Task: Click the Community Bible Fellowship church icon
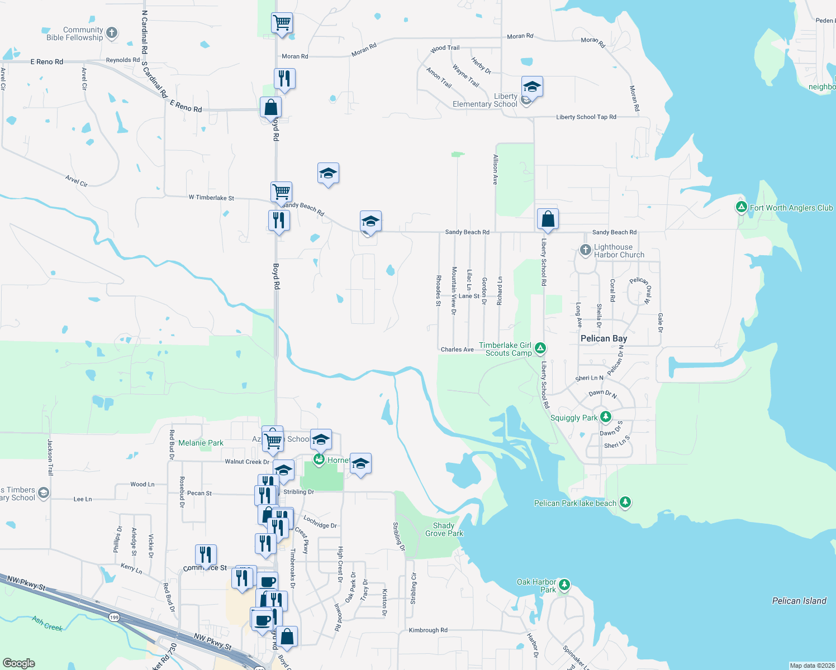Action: tap(112, 33)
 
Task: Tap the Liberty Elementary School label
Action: tap(484, 100)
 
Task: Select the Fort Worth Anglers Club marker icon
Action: tap(741, 208)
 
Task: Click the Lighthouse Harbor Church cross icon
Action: tap(585, 250)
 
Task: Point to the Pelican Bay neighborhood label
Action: tap(604, 338)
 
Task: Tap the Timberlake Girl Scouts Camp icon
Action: tap(540, 349)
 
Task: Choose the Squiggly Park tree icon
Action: tap(605, 417)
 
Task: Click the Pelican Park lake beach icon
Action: tap(625, 502)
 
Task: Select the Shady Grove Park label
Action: tap(444, 529)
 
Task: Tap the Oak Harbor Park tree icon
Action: tap(564, 585)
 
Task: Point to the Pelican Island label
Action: tap(799, 601)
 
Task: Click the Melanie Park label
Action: tap(201, 443)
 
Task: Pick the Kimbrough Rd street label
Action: tap(428, 630)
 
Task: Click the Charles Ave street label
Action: tap(457, 350)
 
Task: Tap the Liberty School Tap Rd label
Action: tap(586, 117)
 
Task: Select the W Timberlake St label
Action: tap(211, 198)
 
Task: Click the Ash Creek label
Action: tap(47, 623)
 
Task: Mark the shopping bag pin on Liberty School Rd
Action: tap(548, 218)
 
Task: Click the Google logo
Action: tap(19, 663)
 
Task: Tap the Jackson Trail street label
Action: tap(50, 457)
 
